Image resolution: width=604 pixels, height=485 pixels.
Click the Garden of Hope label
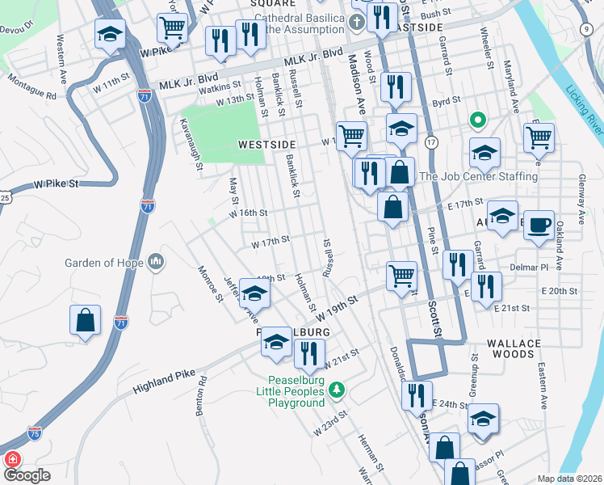(x=104, y=263)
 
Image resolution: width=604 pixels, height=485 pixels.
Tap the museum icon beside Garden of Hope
(x=156, y=262)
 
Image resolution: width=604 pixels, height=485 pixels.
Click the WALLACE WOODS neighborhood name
(x=514, y=349)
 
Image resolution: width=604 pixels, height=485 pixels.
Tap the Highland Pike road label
(x=169, y=377)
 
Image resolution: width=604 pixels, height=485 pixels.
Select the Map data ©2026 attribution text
(x=569, y=479)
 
